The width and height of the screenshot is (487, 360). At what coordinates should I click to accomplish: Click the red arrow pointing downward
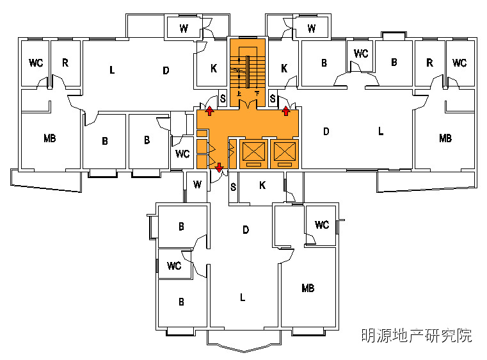coord(220,168)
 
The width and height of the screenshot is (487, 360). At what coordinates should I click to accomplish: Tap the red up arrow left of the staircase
coord(209,112)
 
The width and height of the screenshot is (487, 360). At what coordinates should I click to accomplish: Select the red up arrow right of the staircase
coord(285,112)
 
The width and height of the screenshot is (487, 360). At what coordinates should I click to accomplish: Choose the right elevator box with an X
coord(284,152)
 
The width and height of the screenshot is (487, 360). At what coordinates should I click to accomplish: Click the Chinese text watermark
coord(416,335)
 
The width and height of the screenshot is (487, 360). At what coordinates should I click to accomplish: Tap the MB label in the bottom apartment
coord(308,288)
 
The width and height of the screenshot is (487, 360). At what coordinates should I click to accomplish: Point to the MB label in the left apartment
coord(50,138)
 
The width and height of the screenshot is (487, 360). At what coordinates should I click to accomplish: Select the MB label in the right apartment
coord(445,138)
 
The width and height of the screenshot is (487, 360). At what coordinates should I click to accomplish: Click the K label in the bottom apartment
coord(262,186)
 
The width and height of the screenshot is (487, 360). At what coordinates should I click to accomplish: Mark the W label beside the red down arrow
coord(197,186)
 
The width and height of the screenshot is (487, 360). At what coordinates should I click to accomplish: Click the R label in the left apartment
coord(65,63)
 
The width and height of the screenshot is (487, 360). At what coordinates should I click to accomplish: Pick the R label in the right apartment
coord(429,63)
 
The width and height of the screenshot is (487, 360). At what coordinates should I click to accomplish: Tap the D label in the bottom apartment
coord(245,229)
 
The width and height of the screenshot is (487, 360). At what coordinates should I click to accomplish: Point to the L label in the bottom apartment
coord(242,297)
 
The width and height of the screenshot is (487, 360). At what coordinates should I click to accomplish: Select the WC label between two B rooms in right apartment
coord(361,53)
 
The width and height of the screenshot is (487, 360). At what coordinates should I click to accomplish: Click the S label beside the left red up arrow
coord(223,99)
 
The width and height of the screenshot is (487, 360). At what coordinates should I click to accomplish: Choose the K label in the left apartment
coord(214,68)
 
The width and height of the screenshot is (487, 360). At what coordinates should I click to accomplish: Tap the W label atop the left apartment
coord(184,28)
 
